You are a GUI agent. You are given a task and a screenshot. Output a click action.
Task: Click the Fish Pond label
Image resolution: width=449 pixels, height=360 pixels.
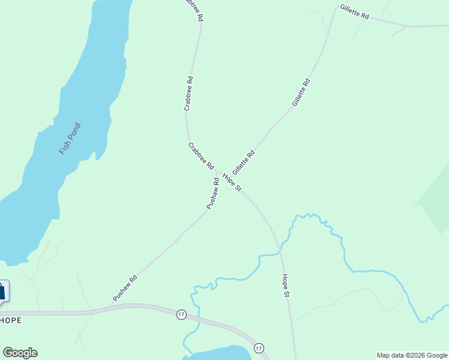[x=70, y=139]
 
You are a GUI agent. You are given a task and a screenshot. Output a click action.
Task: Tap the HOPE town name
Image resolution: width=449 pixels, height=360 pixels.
[x=11, y=320]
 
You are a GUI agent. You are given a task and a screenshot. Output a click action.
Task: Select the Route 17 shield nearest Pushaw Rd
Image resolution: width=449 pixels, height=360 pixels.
[x=181, y=314]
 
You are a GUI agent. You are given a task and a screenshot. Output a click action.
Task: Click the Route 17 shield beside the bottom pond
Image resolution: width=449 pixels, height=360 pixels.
[x=259, y=348]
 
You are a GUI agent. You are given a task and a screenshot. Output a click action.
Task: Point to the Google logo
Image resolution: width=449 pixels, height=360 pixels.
[x=20, y=353]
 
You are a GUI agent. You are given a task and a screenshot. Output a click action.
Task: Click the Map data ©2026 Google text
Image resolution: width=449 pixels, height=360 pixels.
[x=412, y=355]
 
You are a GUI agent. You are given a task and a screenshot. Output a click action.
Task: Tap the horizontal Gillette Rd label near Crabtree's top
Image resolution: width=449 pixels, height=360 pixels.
[x=354, y=12]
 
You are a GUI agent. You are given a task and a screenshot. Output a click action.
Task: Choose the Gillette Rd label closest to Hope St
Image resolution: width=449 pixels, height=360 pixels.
[x=244, y=162]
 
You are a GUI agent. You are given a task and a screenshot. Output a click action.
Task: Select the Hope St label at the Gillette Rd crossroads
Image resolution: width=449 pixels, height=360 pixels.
[x=232, y=182]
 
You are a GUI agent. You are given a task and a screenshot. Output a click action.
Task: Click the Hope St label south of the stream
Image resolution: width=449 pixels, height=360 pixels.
[x=286, y=286]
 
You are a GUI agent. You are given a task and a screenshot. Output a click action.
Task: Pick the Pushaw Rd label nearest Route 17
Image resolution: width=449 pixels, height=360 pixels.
[x=125, y=288]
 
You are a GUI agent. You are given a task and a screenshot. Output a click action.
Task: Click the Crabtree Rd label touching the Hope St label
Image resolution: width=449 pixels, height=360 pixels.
[x=201, y=155]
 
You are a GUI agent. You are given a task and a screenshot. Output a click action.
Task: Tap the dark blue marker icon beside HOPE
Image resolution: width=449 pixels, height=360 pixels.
[x=2, y=291]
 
